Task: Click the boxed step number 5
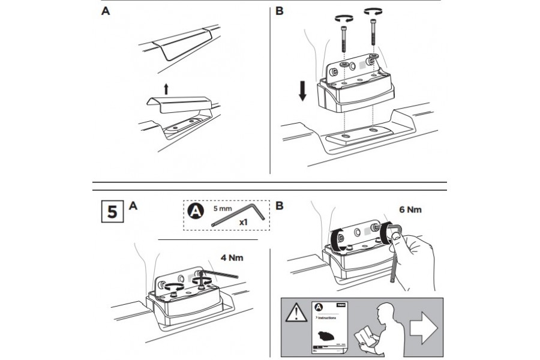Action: tap(111, 212)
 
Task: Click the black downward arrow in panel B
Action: tap(303, 91)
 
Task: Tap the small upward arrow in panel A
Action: tap(166, 89)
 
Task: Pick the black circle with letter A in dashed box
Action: tap(196, 212)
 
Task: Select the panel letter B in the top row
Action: tap(279, 11)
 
